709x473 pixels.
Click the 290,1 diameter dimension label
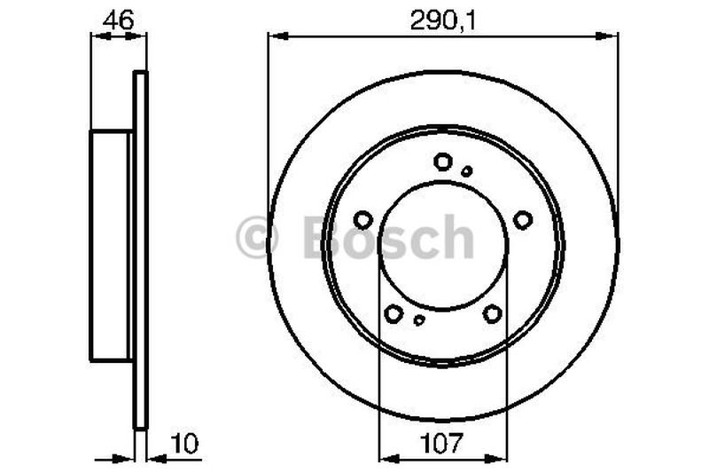coord(442,20)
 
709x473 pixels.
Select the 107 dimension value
coord(442,442)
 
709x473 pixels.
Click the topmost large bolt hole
coord(443,162)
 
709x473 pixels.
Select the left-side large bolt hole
coord(362,219)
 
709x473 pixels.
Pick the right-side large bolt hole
coord(523,219)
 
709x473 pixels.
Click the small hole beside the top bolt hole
coord(467,170)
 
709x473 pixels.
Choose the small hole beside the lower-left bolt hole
coord(419,320)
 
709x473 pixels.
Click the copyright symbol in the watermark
coord(257,238)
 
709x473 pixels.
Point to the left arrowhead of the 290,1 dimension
coord(275,36)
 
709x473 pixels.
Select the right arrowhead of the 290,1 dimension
coord(612,36)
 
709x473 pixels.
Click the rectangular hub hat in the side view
coord(110,245)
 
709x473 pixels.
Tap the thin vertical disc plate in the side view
coord(139,248)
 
